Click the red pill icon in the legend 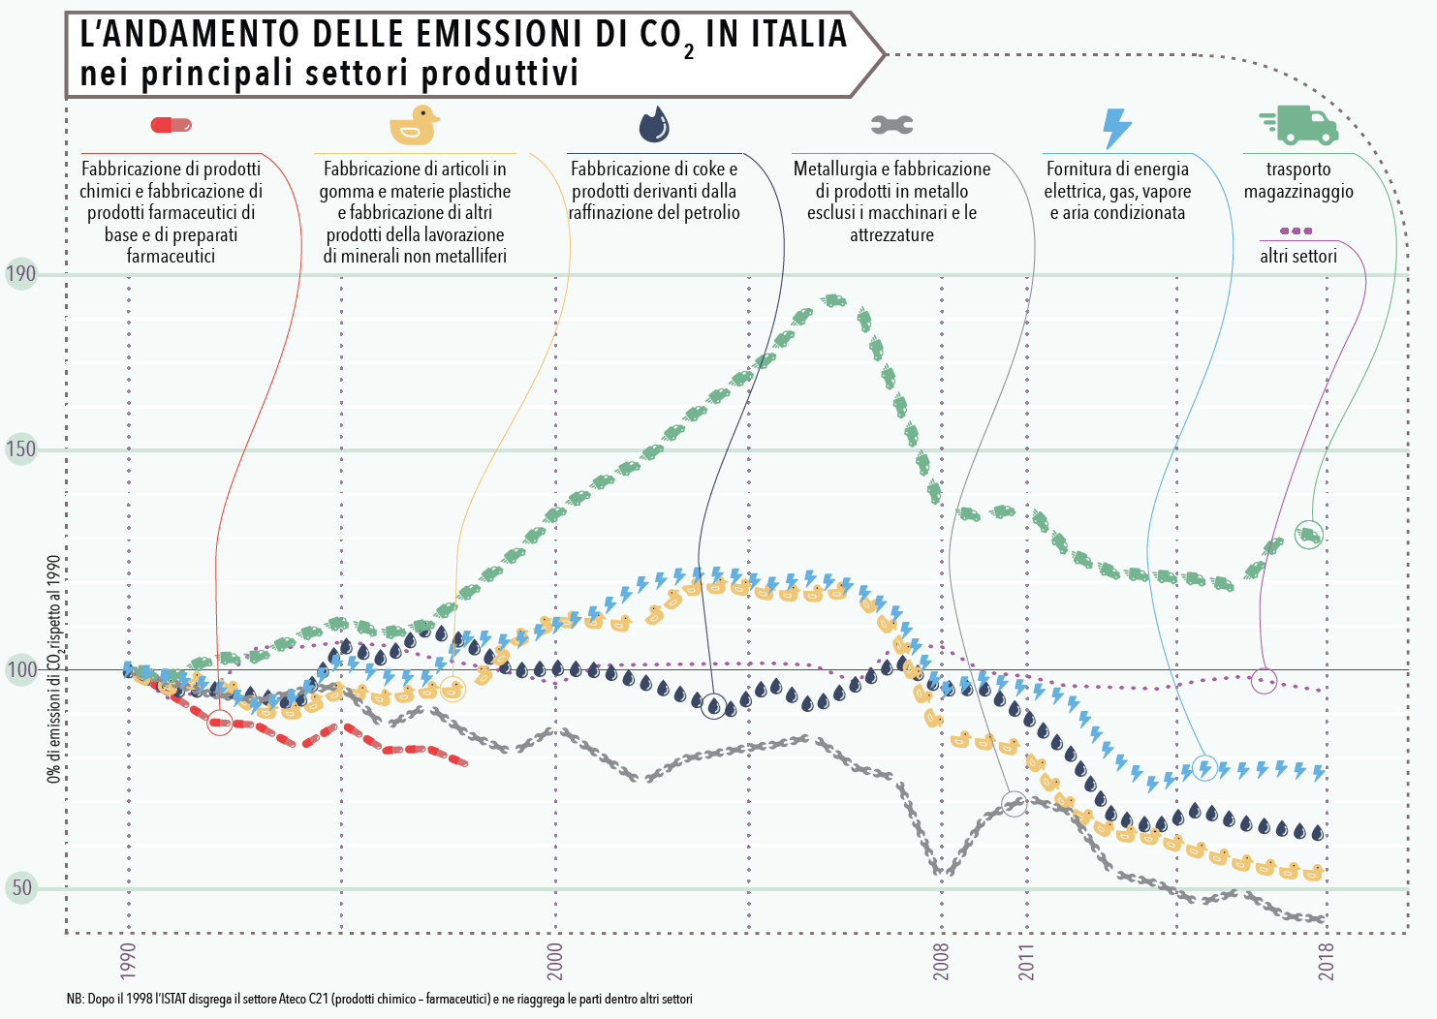[172, 125]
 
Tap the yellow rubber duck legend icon [414, 126]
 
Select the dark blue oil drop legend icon [654, 124]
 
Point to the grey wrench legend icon [891, 124]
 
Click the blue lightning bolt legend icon [1117, 127]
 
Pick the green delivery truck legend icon [1298, 124]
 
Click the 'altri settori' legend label [1297, 257]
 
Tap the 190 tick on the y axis [20, 274]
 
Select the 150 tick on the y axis [20, 449]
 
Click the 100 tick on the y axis [20, 669]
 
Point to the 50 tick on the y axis [20, 888]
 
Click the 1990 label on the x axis [129, 961]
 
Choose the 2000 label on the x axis [555, 961]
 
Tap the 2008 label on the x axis [941, 961]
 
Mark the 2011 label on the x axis [1026, 961]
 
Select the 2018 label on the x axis [1326, 961]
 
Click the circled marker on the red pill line [220, 722]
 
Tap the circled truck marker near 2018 [1308, 535]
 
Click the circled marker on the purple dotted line [1264, 680]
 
